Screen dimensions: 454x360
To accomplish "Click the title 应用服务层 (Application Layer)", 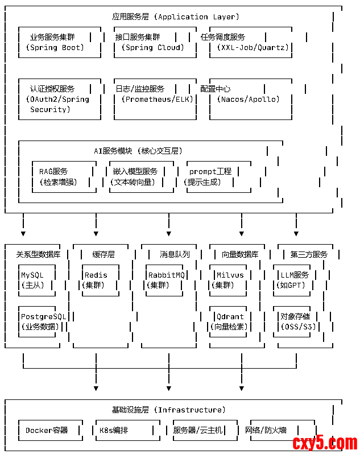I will [176, 16].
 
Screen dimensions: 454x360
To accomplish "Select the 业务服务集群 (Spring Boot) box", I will [56, 42].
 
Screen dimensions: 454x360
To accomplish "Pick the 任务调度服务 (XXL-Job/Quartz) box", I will [249, 42].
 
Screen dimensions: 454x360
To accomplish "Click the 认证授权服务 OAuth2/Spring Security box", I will [56, 99].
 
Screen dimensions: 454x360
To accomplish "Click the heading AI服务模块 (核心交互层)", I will [137, 151].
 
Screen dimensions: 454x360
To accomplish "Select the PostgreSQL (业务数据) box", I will [42, 321].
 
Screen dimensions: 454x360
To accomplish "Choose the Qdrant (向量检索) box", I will [230, 321].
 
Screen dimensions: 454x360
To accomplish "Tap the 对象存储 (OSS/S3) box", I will [296, 321].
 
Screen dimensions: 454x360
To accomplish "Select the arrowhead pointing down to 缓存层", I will [96, 233].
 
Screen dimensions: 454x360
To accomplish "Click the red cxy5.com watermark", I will [325, 443].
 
